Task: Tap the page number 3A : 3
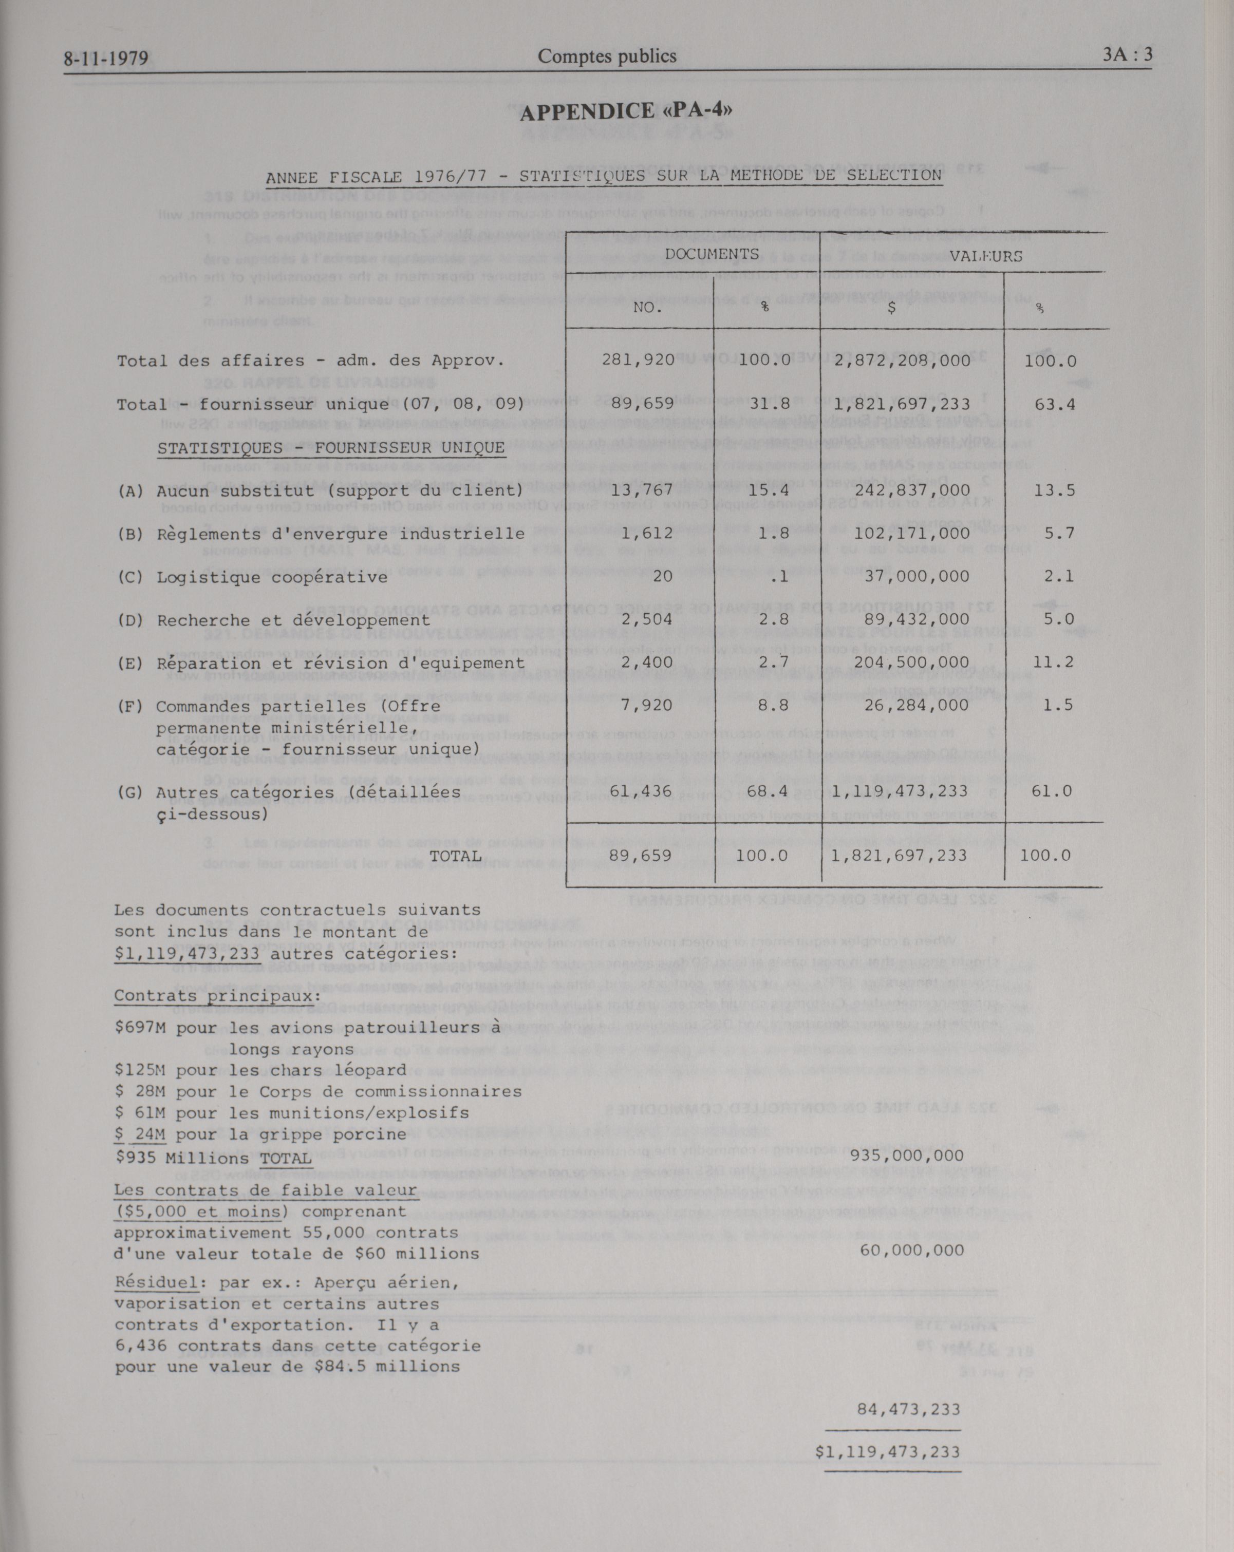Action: point(1127,55)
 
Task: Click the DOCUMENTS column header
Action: point(712,253)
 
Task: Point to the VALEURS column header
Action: point(986,256)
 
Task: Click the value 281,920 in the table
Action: point(638,360)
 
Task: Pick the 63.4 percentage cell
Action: point(1055,404)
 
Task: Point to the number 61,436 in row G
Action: point(641,791)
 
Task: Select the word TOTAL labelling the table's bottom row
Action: point(455,855)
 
